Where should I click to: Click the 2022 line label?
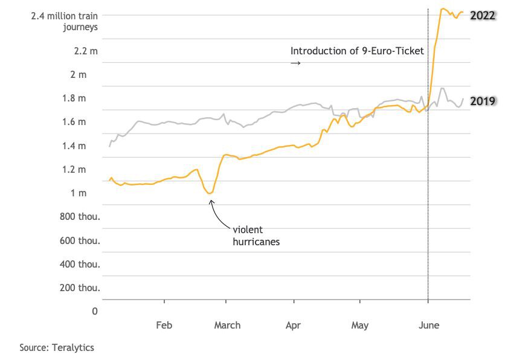click(483, 15)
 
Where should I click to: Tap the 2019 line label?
click(483, 101)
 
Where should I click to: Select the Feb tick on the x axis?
click(164, 325)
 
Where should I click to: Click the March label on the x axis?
click(227, 325)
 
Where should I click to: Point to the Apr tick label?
click(293, 325)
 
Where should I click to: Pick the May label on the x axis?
click(360, 325)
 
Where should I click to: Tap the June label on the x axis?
click(429, 325)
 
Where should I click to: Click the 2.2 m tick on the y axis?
click(86, 51)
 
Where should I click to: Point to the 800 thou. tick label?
click(80, 216)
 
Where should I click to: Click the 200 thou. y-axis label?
click(80, 288)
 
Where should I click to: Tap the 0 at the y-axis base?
click(95, 311)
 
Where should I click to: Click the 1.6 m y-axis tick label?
click(86, 122)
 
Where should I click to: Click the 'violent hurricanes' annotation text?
click(256, 236)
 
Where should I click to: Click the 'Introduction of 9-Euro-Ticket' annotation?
click(357, 51)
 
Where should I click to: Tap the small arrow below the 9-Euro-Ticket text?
click(295, 63)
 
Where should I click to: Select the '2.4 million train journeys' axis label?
click(65, 21)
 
